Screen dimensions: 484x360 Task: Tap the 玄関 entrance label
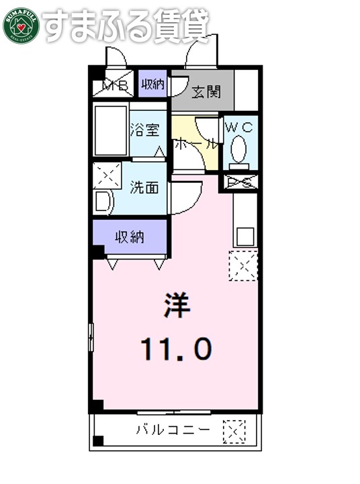[x=204, y=91]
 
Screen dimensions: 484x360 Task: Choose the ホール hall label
[x=195, y=143]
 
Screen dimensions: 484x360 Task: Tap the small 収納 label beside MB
[x=152, y=85]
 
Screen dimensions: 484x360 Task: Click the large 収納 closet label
[x=130, y=236]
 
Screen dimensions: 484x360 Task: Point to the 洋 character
[x=177, y=307]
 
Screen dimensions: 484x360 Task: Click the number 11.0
[x=176, y=348]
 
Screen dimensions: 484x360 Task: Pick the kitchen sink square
[x=244, y=236]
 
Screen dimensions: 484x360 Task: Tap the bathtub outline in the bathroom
[x=110, y=130]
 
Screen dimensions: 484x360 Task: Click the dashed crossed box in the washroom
[x=107, y=175]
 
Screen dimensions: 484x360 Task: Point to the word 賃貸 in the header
[x=182, y=26]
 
